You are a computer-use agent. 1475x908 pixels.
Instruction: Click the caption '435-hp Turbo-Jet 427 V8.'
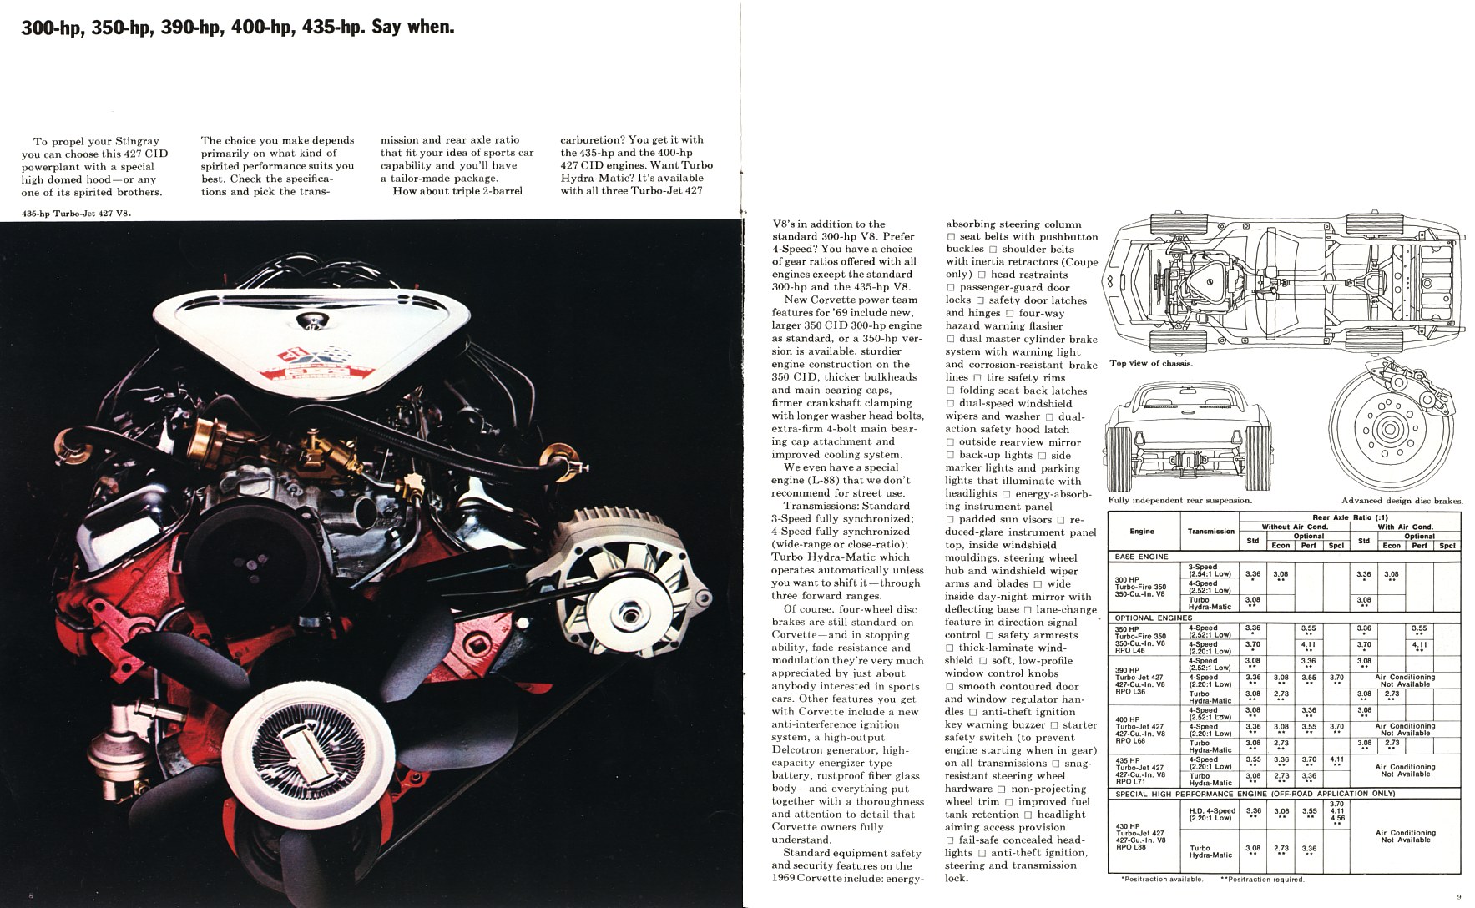coord(77,213)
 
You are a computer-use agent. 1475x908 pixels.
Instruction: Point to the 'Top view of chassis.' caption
coord(1151,363)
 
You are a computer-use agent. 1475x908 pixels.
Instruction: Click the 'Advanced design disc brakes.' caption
coord(1402,501)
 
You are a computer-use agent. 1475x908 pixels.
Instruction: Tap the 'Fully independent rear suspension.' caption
coord(1179,501)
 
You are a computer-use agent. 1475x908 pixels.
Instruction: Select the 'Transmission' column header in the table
coord(1210,531)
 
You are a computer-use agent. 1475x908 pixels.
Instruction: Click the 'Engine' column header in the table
coord(1142,531)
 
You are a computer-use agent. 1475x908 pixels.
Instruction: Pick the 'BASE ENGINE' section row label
coord(1141,556)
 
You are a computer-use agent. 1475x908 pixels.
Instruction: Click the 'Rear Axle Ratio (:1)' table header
coord(1349,517)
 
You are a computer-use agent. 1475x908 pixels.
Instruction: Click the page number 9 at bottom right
coord(1459,897)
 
